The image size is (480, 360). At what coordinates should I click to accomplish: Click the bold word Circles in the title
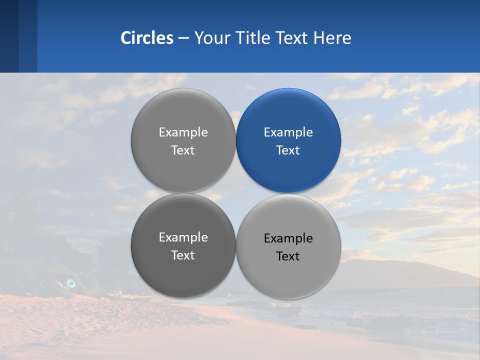coord(147,38)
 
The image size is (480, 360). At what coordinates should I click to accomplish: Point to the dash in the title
coord(183,38)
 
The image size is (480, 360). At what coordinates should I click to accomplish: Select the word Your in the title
coord(210,38)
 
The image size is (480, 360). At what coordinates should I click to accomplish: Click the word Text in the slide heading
coord(292,38)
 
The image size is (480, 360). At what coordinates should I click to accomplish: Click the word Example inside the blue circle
coord(288,132)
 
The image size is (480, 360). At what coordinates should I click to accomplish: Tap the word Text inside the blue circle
coord(288,150)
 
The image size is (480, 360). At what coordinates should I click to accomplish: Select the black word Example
coord(288,238)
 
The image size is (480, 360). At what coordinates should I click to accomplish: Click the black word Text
coord(288,256)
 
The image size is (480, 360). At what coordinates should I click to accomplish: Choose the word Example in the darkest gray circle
coord(183,237)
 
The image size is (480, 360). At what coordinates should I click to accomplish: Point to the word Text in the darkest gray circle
coord(183,255)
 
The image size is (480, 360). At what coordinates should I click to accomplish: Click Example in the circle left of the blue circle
coord(183,132)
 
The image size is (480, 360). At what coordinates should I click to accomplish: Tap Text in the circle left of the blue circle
coord(183,150)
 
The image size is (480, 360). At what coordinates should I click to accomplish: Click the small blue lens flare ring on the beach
coord(71,283)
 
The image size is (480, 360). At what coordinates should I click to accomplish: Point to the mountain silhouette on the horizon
coord(400,270)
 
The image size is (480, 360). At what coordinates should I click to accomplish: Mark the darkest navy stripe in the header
coord(9,36)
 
